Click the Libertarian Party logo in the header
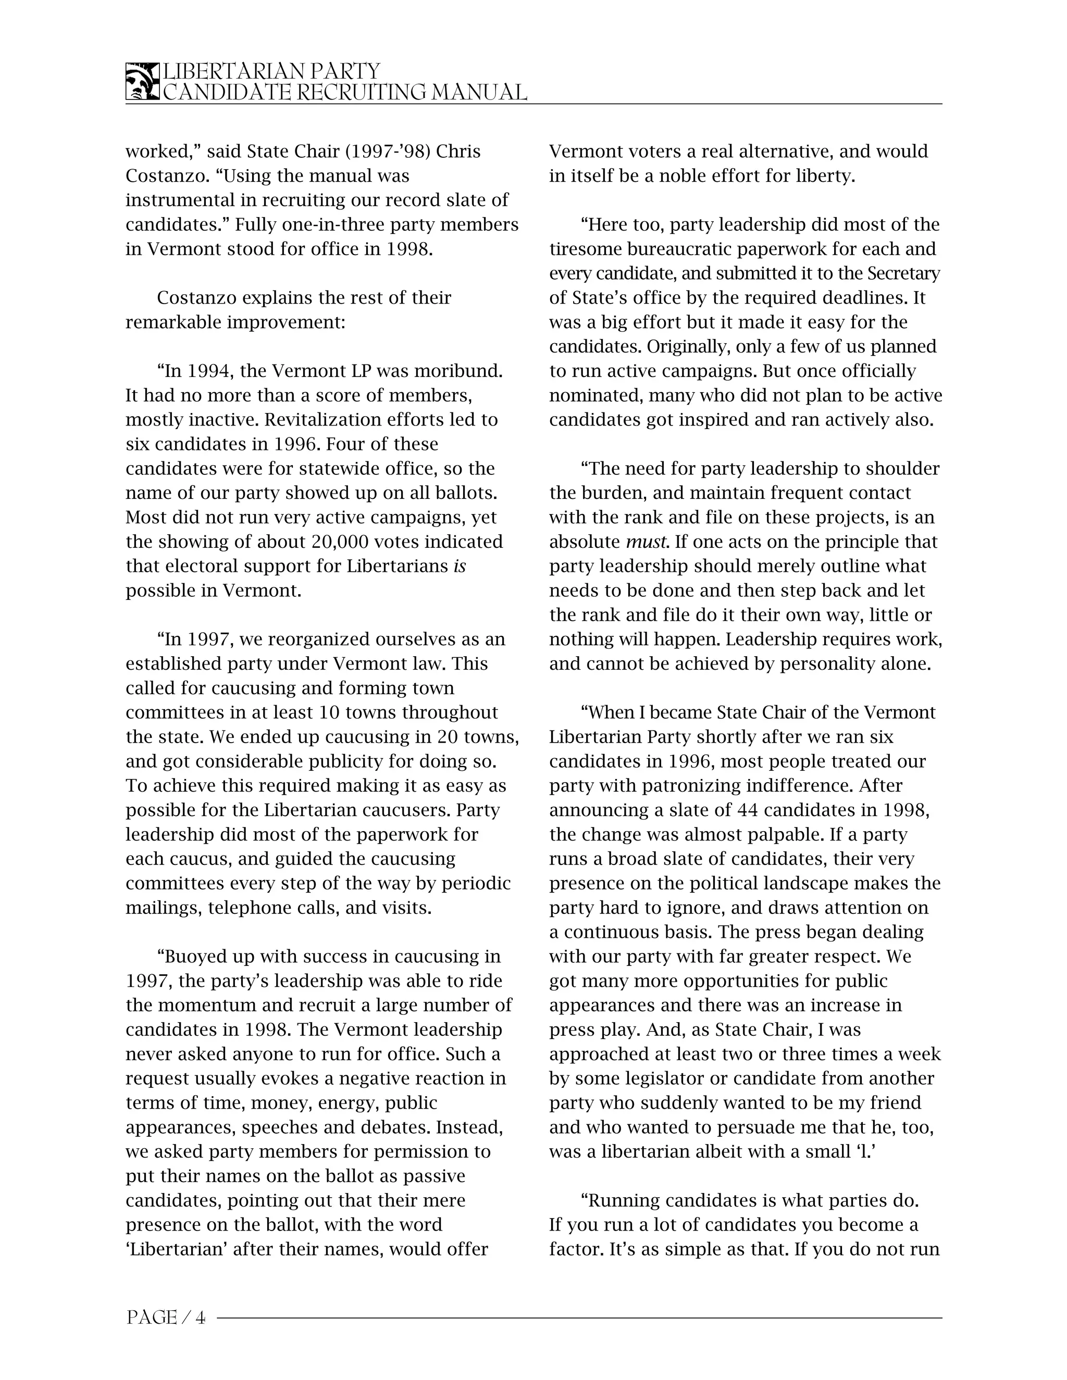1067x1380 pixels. click(142, 82)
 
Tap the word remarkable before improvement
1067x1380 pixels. click(173, 322)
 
